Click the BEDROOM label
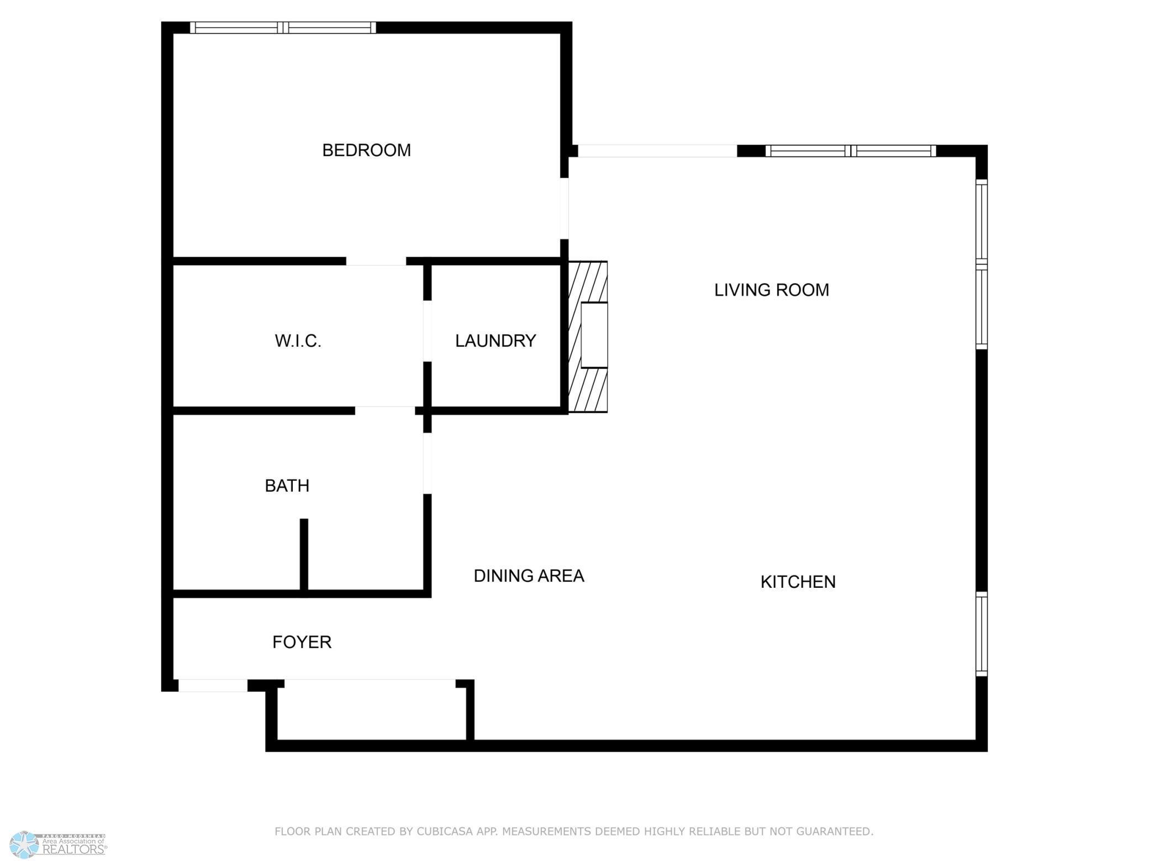pyautogui.click(x=366, y=150)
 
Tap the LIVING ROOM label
pyautogui.click(x=771, y=290)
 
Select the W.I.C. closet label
pyautogui.click(x=298, y=341)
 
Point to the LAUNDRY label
pyautogui.click(x=496, y=341)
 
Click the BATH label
pyautogui.click(x=287, y=486)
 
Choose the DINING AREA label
pyautogui.click(x=529, y=576)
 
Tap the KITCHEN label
pyautogui.click(x=798, y=582)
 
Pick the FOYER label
pyautogui.click(x=302, y=642)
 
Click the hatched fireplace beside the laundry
pyautogui.click(x=588, y=337)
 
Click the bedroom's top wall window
pyautogui.click(x=283, y=28)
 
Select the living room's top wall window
pyautogui.click(x=851, y=151)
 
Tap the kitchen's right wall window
pyautogui.click(x=982, y=634)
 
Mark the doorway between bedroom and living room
pyautogui.click(x=564, y=209)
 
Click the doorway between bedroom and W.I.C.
pyautogui.click(x=376, y=261)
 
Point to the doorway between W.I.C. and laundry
pyautogui.click(x=427, y=331)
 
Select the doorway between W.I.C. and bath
pyautogui.click(x=385, y=411)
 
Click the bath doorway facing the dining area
pyautogui.click(x=427, y=463)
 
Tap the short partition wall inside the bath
pyautogui.click(x=304, y=555)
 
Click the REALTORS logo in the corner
pyautogui.click(x=59, y=845)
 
